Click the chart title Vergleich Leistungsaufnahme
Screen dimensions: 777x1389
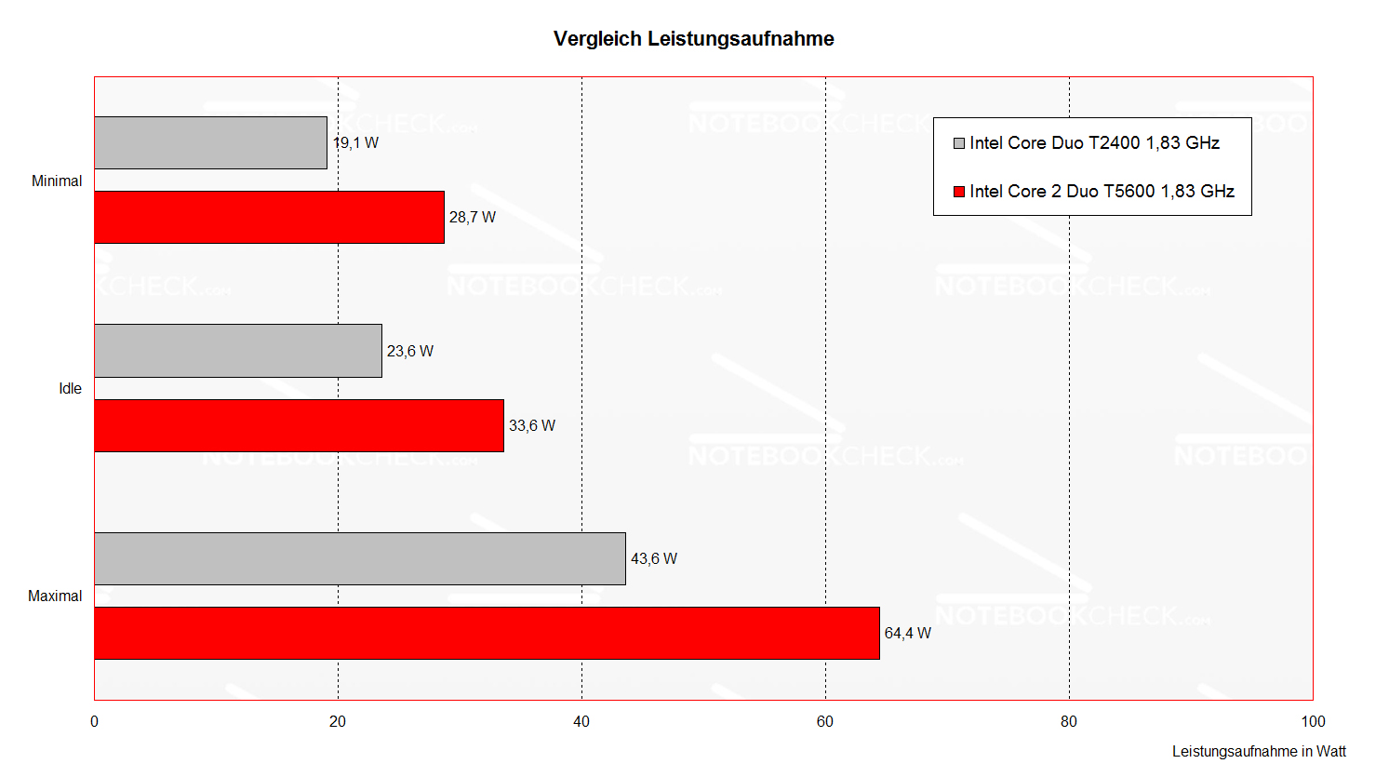(x=693, y=39)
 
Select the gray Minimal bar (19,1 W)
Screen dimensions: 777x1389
(x=210, y=142)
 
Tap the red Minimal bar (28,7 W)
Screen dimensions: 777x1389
(x=269, y=217)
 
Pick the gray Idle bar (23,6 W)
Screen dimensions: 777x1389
(x=238, y=351)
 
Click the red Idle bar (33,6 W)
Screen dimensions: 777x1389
(x=299, y=425)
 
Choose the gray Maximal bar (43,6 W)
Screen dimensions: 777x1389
(x=360, y=558)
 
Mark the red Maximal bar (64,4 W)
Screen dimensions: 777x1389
(x=487, y=633)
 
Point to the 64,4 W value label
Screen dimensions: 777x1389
(x=907, y=634)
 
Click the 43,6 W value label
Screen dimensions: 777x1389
(x=654, y=559)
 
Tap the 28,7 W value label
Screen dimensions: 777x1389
(x=473, y=218)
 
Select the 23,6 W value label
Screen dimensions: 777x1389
(x=410, y=352)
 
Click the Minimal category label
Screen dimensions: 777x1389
(x=57, y=181)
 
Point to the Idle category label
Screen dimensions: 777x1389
(x=71, y=389)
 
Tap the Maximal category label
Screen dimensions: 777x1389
(x=55, y=596)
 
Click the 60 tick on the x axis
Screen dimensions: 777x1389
(x=825, y=722)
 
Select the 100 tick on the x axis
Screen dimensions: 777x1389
(x=1313, y=722)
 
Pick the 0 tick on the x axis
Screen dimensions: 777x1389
(x=94, y=722)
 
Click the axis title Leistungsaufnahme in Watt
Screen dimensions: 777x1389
(x=1259, y=752)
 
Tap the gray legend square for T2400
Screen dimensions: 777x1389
(x=959, y=143)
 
